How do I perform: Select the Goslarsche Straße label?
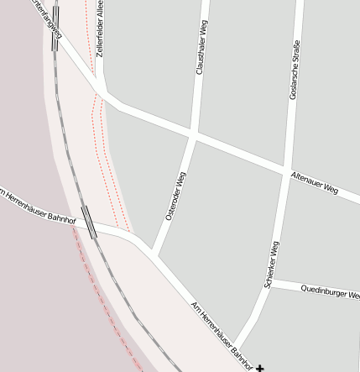point(295,70)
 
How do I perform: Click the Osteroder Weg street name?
point(176,196)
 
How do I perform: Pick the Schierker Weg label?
point(271,265)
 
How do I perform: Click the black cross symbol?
point(261,368)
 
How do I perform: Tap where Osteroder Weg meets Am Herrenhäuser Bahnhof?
point(154,252)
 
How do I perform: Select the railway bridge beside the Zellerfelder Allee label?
point(56,17)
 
